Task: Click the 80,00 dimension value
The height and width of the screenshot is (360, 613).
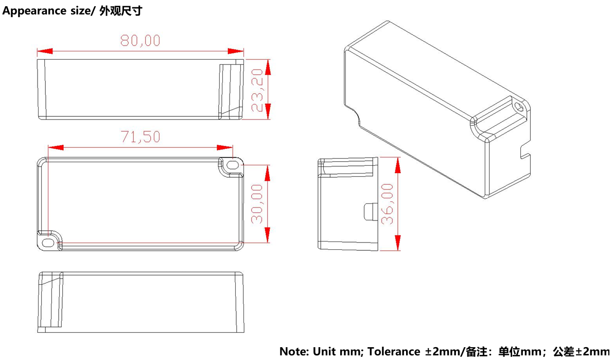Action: tap(141, 41)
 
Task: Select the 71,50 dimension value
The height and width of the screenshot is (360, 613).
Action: tap(141, 137)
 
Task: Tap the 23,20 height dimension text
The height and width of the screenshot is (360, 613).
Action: tap(258, 90)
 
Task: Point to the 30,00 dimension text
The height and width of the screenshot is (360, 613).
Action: tap(257, 204)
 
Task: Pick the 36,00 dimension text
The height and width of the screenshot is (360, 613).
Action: tap(387, 204)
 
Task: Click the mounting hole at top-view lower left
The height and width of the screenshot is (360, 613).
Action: tap(48, 243)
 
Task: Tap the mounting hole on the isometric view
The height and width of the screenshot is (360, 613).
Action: tap(519, 107)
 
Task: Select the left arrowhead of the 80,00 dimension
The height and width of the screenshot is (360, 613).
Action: tap(45, 52)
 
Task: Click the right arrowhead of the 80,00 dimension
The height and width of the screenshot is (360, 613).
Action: tap(236, 52)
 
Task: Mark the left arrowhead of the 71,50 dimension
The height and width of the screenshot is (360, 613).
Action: tap(56, 147)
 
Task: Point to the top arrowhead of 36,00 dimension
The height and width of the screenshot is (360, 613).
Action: tap(397, 165)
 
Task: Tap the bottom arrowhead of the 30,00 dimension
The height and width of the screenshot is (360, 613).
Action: tap(268, 235)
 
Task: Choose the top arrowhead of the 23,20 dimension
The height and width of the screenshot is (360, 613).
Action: tap(268, 67)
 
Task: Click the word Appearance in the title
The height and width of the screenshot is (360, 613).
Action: tap(34, 11)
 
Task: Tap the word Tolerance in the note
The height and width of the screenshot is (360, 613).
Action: tap(394, 351)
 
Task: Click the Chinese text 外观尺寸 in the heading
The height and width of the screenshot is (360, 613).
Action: tap(120, 11)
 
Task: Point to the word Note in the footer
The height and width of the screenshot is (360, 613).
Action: tap(294, 351)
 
